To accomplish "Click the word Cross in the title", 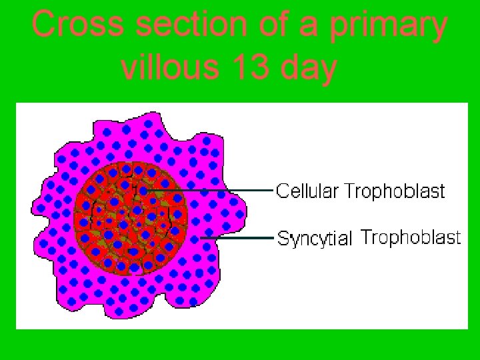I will pos(78,25).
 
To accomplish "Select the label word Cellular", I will pos(308,191).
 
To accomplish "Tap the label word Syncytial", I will pos(314,239).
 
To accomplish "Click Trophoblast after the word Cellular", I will pos(395,191).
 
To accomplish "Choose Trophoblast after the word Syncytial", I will pos(411,237).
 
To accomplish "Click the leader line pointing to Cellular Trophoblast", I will pos(213,191).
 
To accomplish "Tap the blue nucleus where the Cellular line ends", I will pos(143,191).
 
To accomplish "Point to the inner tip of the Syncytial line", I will pos(201,237).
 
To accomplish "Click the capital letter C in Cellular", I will pos(282,191).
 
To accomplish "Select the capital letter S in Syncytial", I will pos(283,238).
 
